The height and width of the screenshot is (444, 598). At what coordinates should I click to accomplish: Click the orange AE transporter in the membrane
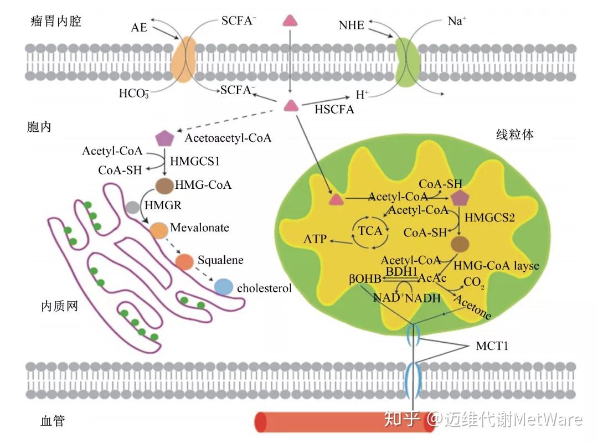(183, 59)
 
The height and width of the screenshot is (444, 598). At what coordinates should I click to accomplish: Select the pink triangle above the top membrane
(290, 20)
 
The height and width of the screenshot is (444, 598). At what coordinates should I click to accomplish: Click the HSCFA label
(334, 110)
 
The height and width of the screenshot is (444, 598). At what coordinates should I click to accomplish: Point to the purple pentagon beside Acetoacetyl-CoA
(165, 138)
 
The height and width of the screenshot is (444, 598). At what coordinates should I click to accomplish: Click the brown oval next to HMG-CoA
(165, 185)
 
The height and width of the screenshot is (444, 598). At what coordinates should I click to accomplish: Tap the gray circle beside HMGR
(132, 208)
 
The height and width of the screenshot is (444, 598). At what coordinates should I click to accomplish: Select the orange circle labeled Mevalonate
(159, 230)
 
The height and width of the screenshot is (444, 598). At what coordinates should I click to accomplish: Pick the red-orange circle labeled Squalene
(184, 262)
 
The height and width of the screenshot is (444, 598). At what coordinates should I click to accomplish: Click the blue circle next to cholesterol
(224, 287)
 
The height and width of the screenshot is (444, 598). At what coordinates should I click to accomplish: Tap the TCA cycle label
(370, 231)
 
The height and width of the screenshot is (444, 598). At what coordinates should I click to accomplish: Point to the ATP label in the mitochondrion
(315, 239)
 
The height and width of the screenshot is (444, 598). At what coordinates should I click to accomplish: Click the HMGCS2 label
(489, 218)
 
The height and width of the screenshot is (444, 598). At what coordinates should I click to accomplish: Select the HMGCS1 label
(195, 161)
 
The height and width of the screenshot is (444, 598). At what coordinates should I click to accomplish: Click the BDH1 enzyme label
(401, 271)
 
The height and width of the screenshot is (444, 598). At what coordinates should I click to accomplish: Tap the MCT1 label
(492, 346)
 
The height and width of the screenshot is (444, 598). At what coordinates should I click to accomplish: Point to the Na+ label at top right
(457, 20)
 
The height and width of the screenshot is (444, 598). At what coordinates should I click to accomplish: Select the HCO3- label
(134, 94)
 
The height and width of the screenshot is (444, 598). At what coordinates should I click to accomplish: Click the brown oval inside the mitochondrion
(460, 244)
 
